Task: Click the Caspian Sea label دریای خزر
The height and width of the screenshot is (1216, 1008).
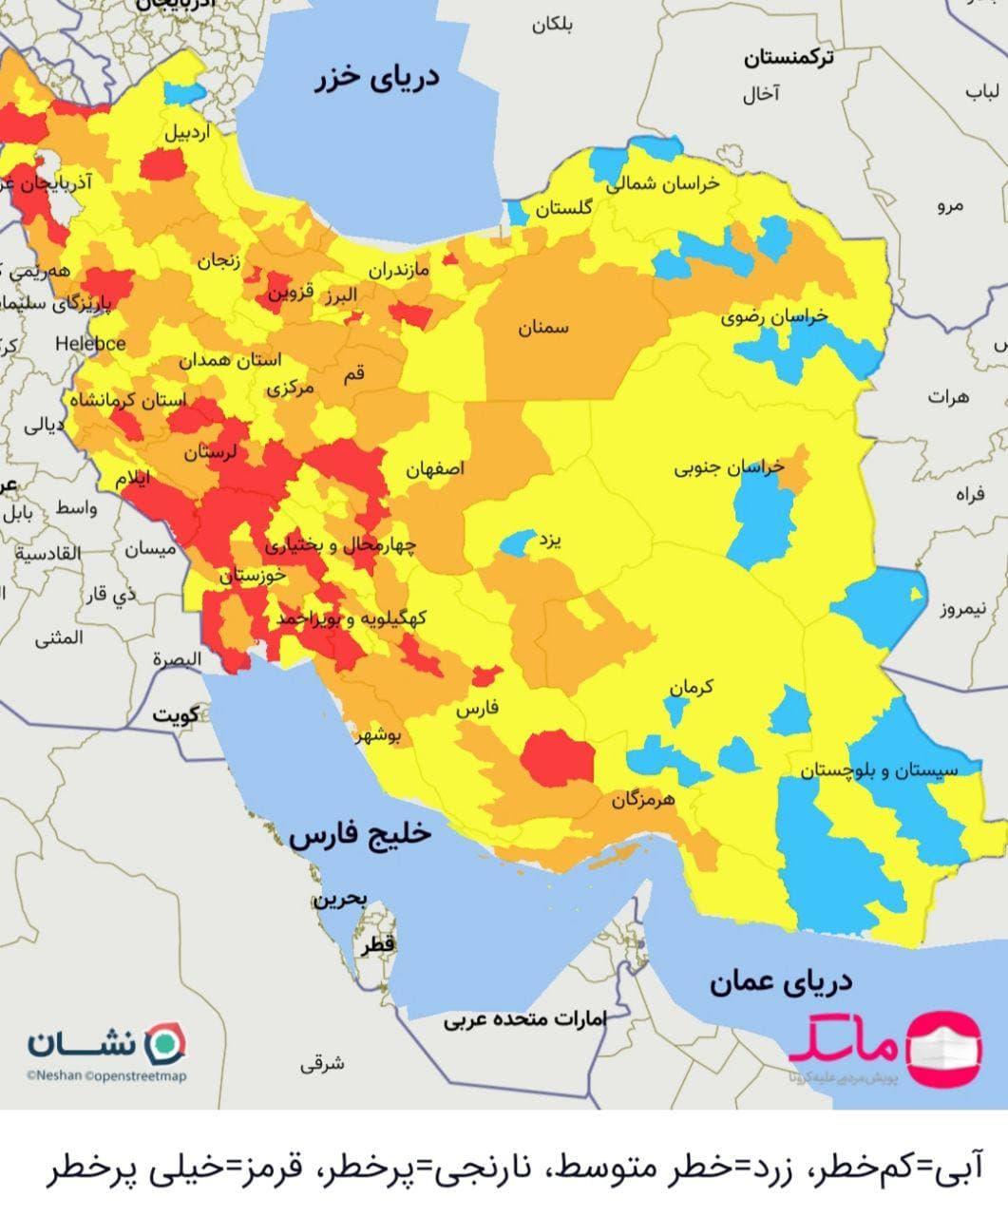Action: pyautogui.click(x=378, y=79)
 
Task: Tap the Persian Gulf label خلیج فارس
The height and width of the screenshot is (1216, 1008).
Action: pyautogui.click(x=361, y=834)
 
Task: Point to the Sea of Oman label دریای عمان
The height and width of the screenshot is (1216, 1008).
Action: pyautogui.click(x=781, y=980)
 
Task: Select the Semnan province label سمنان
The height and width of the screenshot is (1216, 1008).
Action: pyautogui.click(x=542, y=328)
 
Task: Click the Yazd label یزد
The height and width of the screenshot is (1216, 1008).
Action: pyautogui.click(x=550, y=541)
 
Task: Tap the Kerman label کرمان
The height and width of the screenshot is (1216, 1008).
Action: pyautogui.click(x=691, y=687)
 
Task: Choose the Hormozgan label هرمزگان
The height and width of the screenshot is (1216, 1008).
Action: pyautogui.click(x=642, y=800)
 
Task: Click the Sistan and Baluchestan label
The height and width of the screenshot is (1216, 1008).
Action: pyautogui.click(x=879, y=770)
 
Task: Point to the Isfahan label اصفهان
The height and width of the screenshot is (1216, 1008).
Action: pyautogui.click(x=435, y=469)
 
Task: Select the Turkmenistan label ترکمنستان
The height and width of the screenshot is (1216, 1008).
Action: pyautogui.click(x=789, y=58)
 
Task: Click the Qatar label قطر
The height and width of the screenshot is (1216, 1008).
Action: pyautogui.click(x=376, y=944)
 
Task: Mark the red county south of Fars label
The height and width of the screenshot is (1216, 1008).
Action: pyautogui.click(x=557, y=758)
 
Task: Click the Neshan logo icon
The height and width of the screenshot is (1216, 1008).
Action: pyautogui.click(x=167, y=1043)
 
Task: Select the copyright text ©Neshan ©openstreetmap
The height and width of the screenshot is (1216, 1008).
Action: pyautogui.click(x=106, y=1076)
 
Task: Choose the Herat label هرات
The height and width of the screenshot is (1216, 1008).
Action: pyautogui.click(x=948, y=397)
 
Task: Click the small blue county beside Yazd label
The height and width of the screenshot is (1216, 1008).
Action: pyautogui.click(x=517, y=543)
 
